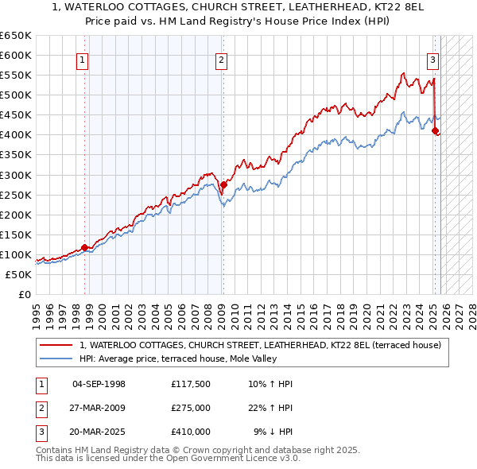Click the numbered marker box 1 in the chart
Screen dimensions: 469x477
[83, 59]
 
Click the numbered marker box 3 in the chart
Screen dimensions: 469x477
[432, 59]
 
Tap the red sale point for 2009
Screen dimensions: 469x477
[223, 184]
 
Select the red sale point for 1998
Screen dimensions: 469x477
[85, 247]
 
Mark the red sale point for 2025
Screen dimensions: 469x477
[435, 131]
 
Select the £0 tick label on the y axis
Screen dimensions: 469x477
[24, 294]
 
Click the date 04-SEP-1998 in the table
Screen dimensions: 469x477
[99, 384]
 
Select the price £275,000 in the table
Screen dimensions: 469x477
[191, 408]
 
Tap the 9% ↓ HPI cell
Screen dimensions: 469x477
[273, 432]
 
